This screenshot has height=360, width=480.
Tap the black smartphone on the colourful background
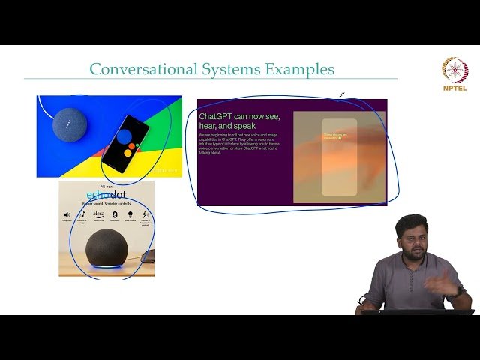(124, 143)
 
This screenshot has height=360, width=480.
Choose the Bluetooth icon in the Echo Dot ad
(115, 216)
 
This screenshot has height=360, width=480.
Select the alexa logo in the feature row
(98, 214)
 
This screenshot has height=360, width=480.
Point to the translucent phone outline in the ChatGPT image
(339, 157)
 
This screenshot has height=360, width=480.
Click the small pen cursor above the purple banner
(342, 94)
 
